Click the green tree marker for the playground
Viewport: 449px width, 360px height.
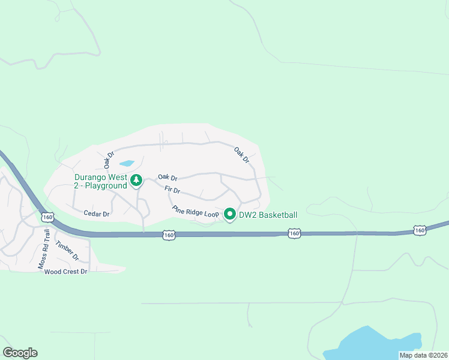click(x=137, y=179)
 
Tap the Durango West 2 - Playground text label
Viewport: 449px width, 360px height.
click(x=101, y=181)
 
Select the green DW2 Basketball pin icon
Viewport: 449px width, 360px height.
click(x=229, y=214)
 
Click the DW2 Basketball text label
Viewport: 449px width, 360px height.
click(x=268, y=215)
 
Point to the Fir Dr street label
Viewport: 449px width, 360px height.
click(x=172, y=190)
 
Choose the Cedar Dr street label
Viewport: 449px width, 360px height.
click(x=97, y=214)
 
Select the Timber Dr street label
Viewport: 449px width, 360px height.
click(x=67, y=250)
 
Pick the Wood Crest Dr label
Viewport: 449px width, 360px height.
click(x=66, y=272)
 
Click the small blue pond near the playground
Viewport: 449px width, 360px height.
click(x=127, y=163)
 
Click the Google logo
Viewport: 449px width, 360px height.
click(x=20, y=353)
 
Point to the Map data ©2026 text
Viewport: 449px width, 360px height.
click(x=423, y=355)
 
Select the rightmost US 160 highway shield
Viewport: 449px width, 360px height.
click(x=419, y=230)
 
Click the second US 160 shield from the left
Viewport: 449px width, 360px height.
click(x=169, y=235)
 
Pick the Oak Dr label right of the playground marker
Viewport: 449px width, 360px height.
click(x=167, y=178)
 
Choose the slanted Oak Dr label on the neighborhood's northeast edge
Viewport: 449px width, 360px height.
click(x=241, y=155)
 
